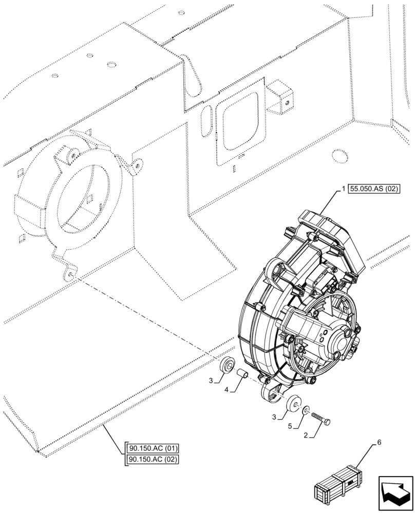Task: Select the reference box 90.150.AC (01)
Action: (x=152, y=447)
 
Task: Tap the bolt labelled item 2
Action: (x=320, y=417)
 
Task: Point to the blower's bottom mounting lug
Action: (x=272, y=394)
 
